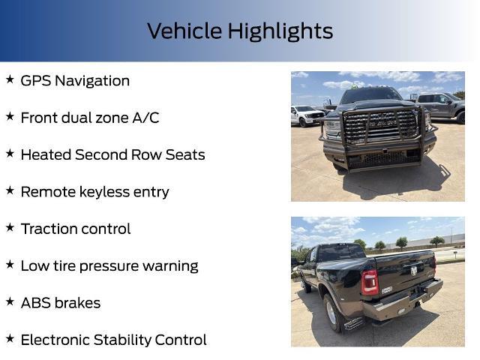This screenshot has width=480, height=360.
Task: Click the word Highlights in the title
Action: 280,31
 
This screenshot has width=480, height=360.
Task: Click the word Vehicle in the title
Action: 184,31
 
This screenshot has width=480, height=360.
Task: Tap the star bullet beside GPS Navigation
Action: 10,79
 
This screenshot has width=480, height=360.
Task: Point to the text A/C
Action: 145,118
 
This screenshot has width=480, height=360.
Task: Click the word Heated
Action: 46,155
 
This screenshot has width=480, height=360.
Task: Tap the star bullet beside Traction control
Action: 10,227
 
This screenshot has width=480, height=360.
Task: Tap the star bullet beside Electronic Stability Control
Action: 10,338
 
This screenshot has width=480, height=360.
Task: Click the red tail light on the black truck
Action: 370,282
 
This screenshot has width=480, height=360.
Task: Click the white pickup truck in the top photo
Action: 307,116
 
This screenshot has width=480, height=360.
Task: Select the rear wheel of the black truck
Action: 333,313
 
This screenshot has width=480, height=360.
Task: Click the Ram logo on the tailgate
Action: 413,271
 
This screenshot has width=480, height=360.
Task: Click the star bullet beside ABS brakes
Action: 10,301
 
